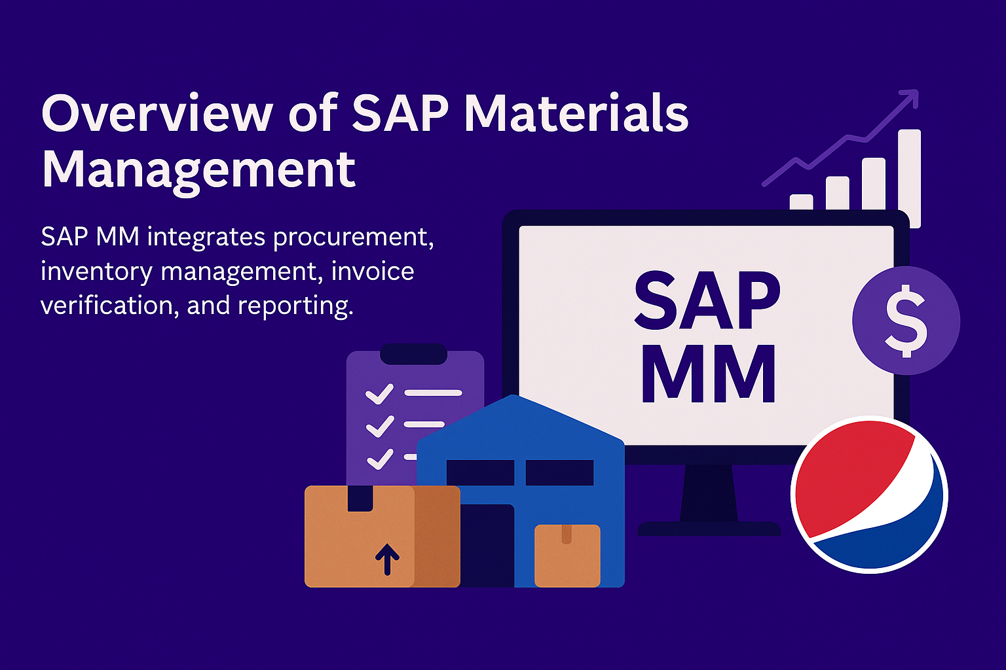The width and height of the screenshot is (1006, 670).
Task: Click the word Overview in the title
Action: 157,113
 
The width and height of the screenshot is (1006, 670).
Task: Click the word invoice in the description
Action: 372,271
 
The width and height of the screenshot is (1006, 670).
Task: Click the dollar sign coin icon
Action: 906,321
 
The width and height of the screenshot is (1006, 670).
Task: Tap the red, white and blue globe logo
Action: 870,495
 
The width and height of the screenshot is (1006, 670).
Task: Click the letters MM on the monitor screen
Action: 708,374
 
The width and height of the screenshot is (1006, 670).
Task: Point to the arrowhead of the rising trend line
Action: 910,98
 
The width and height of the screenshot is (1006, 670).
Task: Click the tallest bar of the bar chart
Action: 910,179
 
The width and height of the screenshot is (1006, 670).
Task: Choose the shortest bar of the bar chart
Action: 801,202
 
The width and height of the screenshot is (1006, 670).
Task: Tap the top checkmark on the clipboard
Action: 379,394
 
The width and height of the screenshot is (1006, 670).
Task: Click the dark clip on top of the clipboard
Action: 414,354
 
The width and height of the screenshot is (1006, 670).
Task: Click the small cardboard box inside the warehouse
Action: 567,555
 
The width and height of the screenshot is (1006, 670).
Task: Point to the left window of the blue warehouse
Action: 480,472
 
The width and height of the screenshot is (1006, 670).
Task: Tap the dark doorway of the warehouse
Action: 487,546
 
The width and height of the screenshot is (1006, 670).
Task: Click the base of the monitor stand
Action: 709,529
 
